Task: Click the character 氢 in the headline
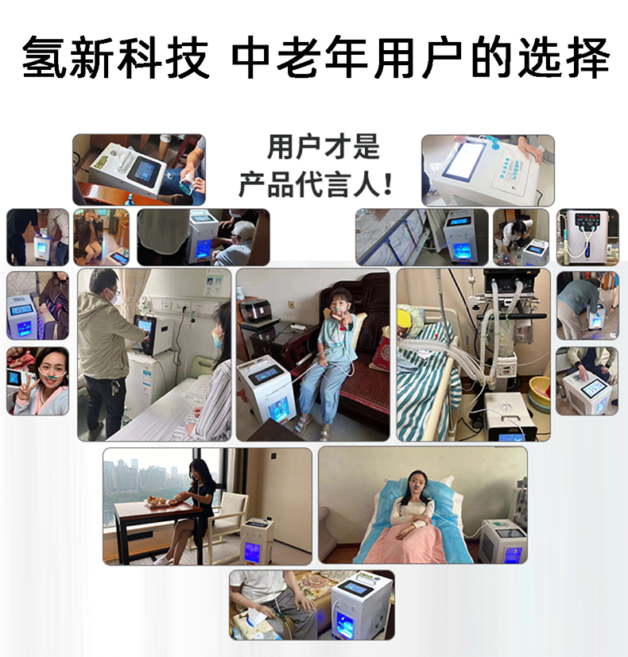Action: [x=45, y=57]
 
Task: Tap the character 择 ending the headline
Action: [x=587, y=57]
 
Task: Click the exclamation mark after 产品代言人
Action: [x=388, y=184]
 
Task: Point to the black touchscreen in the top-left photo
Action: [x=145, y=171]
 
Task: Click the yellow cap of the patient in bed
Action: [x=404, y=319]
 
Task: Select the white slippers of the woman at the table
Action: [x=164, y=559]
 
